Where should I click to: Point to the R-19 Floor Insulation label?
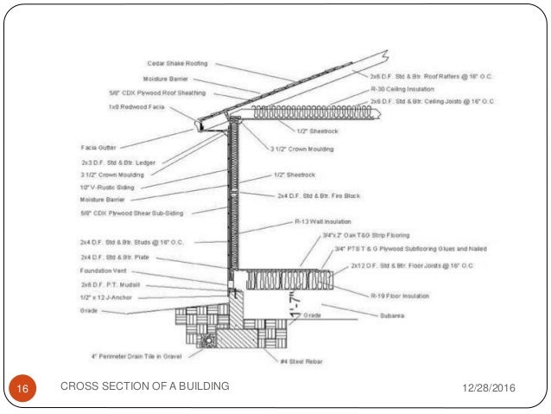(402, 296)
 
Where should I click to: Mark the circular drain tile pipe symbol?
(206, 340)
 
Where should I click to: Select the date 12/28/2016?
(487, 386)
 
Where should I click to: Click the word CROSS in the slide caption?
(78, 386)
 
